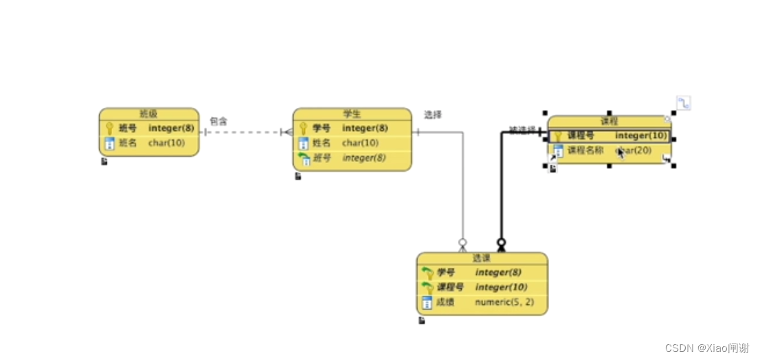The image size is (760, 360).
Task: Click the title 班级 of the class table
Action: pos(148,114)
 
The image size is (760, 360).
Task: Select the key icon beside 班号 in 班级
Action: pos(109,128)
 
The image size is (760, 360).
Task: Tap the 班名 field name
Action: pos(128,144)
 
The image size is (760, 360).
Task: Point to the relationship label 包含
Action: pos(219,121)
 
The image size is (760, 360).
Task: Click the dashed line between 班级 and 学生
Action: pos(241,132)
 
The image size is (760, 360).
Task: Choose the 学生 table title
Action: pos(352,114)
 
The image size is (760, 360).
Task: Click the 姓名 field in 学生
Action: pos(322,144)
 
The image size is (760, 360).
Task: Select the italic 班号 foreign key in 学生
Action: pos(322,158)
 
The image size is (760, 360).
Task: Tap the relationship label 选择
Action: pos(433,115)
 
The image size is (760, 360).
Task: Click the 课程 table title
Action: pos(609,122)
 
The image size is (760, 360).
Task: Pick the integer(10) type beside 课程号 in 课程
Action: pos(641,136)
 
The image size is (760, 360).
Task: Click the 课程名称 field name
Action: pos(585,150)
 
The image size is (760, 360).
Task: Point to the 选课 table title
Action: pos(482,258)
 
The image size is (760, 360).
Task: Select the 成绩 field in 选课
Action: pos(446,302)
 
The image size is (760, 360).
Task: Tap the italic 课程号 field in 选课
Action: pos(451,287)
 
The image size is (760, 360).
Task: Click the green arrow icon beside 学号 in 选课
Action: pos(427,273)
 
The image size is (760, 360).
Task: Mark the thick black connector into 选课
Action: pos(502,192)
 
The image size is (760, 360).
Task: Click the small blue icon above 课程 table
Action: pos(683,104)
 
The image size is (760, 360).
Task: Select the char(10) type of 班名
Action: pos(167,144)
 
